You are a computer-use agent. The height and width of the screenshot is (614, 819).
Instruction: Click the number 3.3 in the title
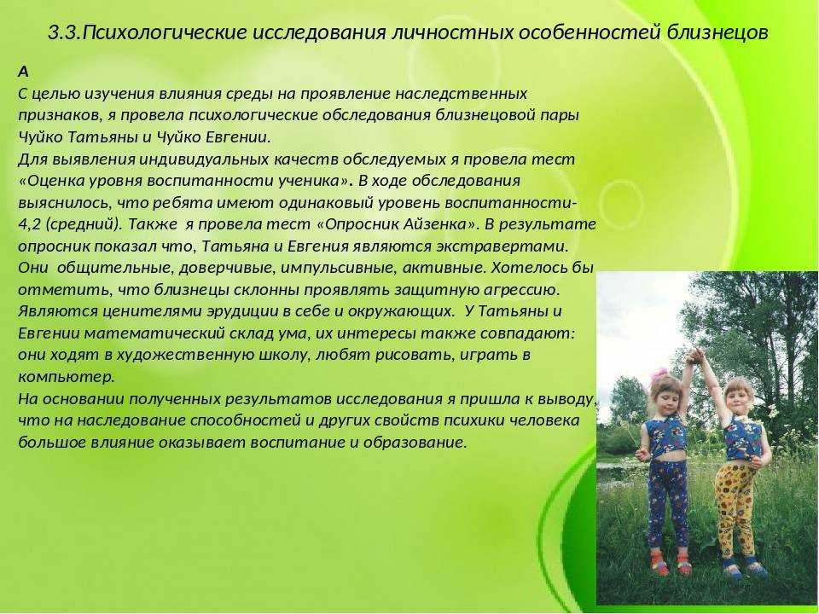tap(64, 33)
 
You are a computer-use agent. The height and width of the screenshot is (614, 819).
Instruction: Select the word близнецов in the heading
tap(717, 33)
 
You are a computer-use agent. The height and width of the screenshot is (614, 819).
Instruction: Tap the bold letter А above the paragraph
tap(23, 72)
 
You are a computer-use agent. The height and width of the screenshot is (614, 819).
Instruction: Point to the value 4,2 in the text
tap(30, 224)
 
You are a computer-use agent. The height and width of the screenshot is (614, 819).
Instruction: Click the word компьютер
tap(66, 377)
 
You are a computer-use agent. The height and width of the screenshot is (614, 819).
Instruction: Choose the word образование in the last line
tap(415, 443)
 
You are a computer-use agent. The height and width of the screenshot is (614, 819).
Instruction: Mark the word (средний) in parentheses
tap(84, 224)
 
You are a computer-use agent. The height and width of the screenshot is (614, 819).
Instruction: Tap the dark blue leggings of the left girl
tap(669, 504)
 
